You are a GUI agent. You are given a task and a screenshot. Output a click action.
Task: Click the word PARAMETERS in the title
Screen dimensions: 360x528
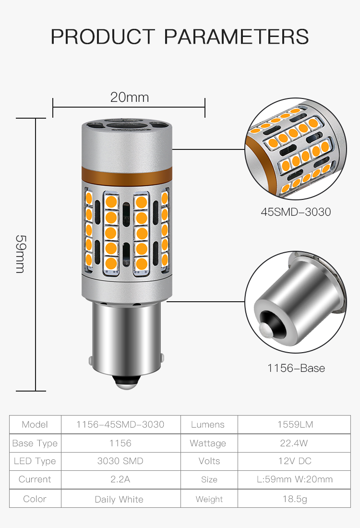pyautogui.click(x=236, y=37)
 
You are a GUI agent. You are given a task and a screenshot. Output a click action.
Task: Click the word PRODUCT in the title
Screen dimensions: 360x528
pyautogui.click(x=103, y=37)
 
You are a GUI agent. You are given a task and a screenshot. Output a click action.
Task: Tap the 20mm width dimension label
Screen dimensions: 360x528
pyautogui.click(x=130, y=98)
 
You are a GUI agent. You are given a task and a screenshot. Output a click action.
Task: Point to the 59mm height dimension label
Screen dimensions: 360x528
pyautogui.click(x=21, y=254)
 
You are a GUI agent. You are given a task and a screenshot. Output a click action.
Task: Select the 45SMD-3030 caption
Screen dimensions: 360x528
pyautogui.click(x=296, y=212)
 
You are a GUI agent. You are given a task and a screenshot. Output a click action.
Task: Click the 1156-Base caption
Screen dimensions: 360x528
pyautogui.click(x=296, y=368)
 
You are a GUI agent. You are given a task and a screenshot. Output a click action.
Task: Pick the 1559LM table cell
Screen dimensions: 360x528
pyautogui.click(x=295, y=424)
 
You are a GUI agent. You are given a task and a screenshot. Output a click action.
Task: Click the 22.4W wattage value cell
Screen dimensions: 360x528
pyautogui.click(x=294, y=443)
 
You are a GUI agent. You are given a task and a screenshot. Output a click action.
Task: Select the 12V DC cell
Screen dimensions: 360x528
pyautogui.click(x=295, y=461)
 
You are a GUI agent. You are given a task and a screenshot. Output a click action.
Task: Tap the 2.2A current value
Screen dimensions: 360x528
pyautogui.click(x=120, y=479)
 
